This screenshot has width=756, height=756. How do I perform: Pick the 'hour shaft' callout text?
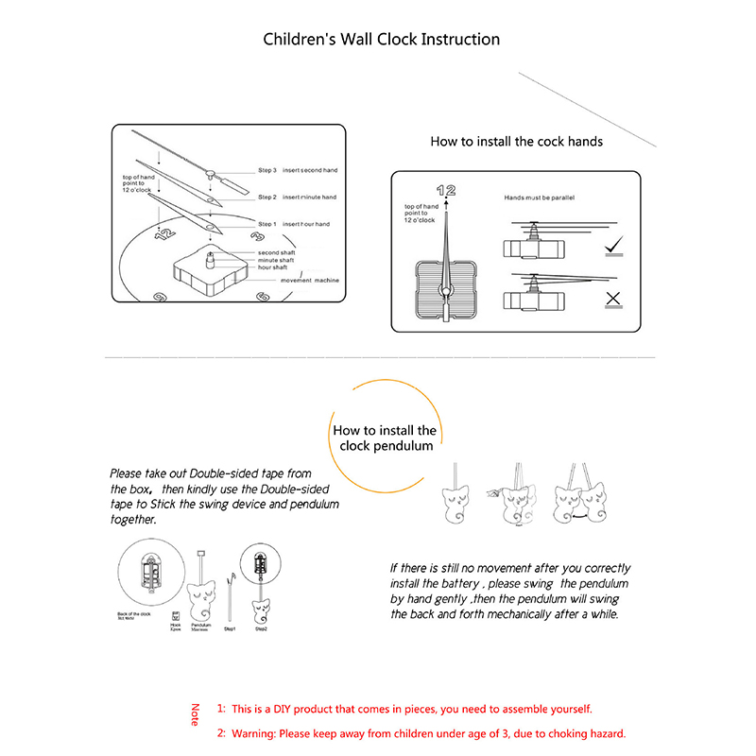click(x=274, y=267)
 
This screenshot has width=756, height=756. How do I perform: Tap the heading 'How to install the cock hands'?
click(x=516, y=142)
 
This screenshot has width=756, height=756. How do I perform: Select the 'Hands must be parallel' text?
click(x=539, y=198)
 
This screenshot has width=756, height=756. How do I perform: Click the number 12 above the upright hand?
click(x=445, y=191)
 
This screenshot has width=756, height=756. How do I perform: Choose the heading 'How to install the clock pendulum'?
click(x=384, y=438)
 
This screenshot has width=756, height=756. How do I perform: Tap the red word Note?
click(x=196, y=714)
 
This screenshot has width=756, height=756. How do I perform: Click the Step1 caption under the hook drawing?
click(x=229, y=628)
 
